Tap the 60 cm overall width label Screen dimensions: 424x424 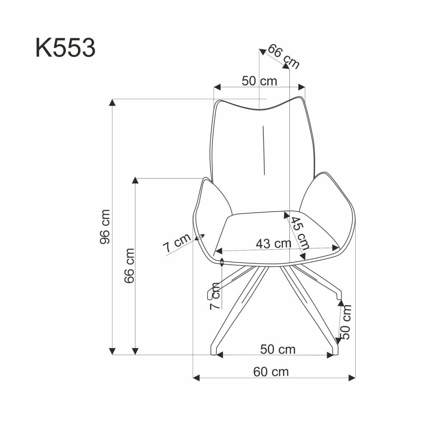point(271,372)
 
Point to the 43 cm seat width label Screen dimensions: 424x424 point(273,243)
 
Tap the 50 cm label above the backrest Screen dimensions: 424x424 point(259,81)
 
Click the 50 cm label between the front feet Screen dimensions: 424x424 point(278,349)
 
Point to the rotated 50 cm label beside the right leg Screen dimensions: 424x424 point(347,321)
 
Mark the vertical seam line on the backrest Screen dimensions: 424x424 point(263,150)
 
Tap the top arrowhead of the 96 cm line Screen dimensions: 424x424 point(112,102)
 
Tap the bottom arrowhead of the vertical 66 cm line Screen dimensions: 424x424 point(135,351)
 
